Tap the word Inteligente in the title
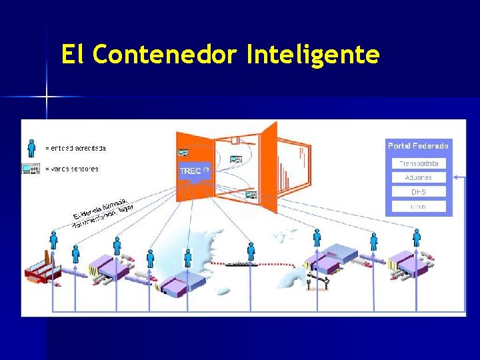[x=313, y=54]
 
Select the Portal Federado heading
[x=418, y=145]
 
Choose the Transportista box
[x=418, y=163]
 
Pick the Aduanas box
[x=418, y=177]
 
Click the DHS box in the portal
[x=418, y=192]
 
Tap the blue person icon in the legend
[x=31, y=147]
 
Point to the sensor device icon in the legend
[x=31, y=169]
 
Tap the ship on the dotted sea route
[x=241, y=264]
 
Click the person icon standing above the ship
[x=251, y=251]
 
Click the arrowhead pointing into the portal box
[x=456, y=177]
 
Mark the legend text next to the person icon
[x=75, y=148]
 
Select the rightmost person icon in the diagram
[x=417, y=237]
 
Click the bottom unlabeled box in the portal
[x=418, y=207]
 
